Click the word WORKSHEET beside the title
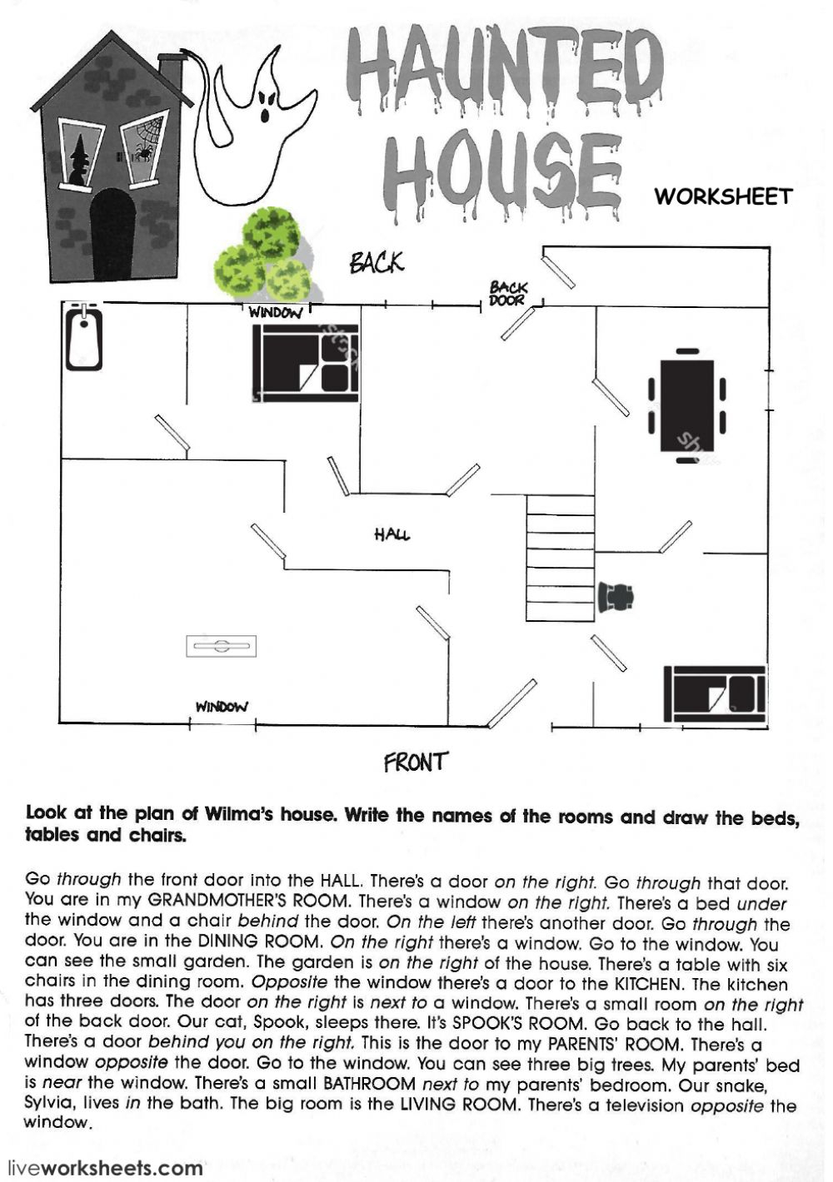click(x=724, y=196)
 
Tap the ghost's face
click(x=267, y=105)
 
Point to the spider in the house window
click(x=143, y=153)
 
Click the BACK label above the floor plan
click(x=377, y=262)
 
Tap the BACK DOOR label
click(x=508, y=294)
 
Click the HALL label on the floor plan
click(x=392, y=534)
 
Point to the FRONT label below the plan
click(x=416, y=762)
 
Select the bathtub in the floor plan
click(x=84, y=336)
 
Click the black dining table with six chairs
click(x=686, y=405)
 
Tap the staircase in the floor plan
click(x=561, y=558)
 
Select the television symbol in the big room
click(x=222, y=646)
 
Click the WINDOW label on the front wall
click(x=222, y=707)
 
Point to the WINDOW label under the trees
click(x=275, y=313)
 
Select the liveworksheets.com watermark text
click(x=102, y=1167)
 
